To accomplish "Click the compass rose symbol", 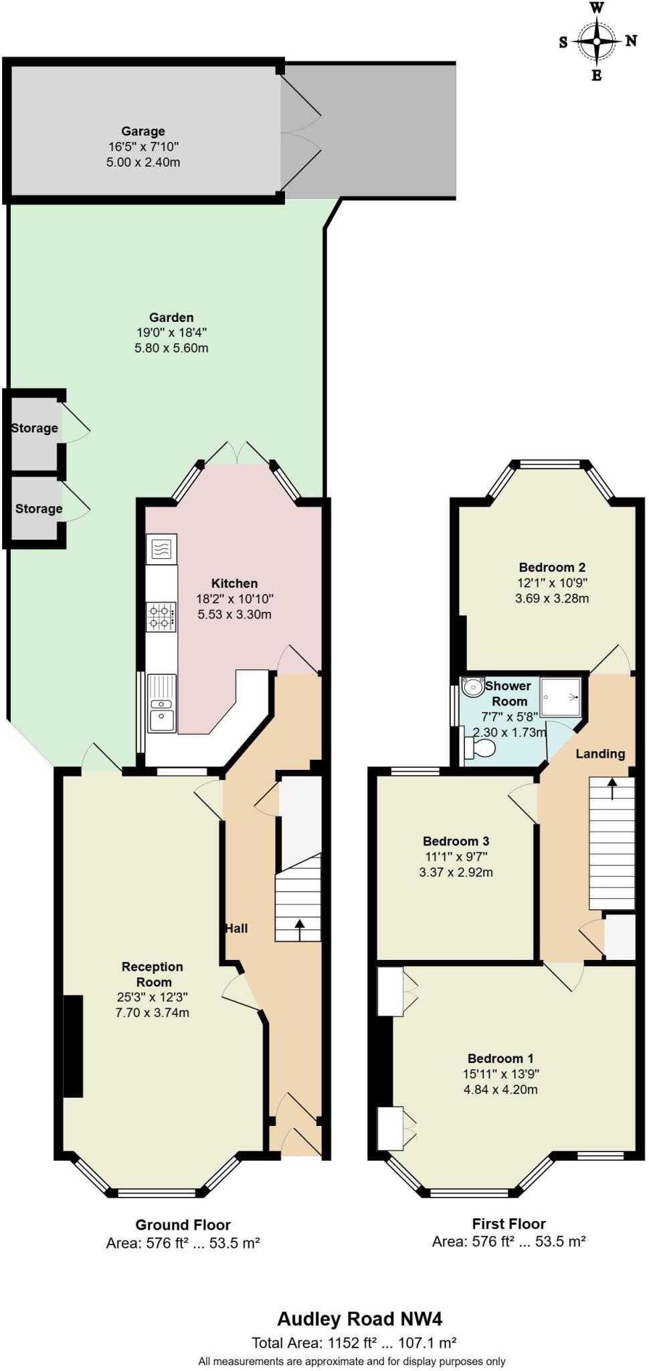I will click(596, 42).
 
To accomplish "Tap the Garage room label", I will click(143, 131).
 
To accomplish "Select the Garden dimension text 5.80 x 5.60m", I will click(171, 348).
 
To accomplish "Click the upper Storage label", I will click(35, 428).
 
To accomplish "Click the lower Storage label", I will click(39, 509).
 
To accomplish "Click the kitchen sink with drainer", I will click(162, 703).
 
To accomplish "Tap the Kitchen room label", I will click(234, 583).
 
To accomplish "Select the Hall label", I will click(236, 928).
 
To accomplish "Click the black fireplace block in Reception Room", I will click(73, 1046).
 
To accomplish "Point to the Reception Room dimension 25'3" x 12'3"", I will click(152, 997).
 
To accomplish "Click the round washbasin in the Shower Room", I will click(473, 687).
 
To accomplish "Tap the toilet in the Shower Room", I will click(479, 748).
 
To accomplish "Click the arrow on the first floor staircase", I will click(612, 788).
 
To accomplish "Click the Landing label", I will click(600, 754).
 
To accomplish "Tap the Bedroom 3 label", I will click(456, 841).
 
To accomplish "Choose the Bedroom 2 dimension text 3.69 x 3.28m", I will click(552, 598).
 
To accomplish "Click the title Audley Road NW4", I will click(360, 1319).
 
